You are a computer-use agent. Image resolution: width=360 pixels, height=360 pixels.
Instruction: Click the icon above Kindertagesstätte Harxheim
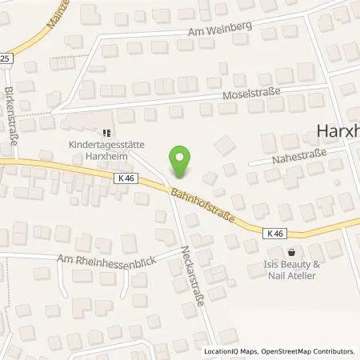point(105,134)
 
